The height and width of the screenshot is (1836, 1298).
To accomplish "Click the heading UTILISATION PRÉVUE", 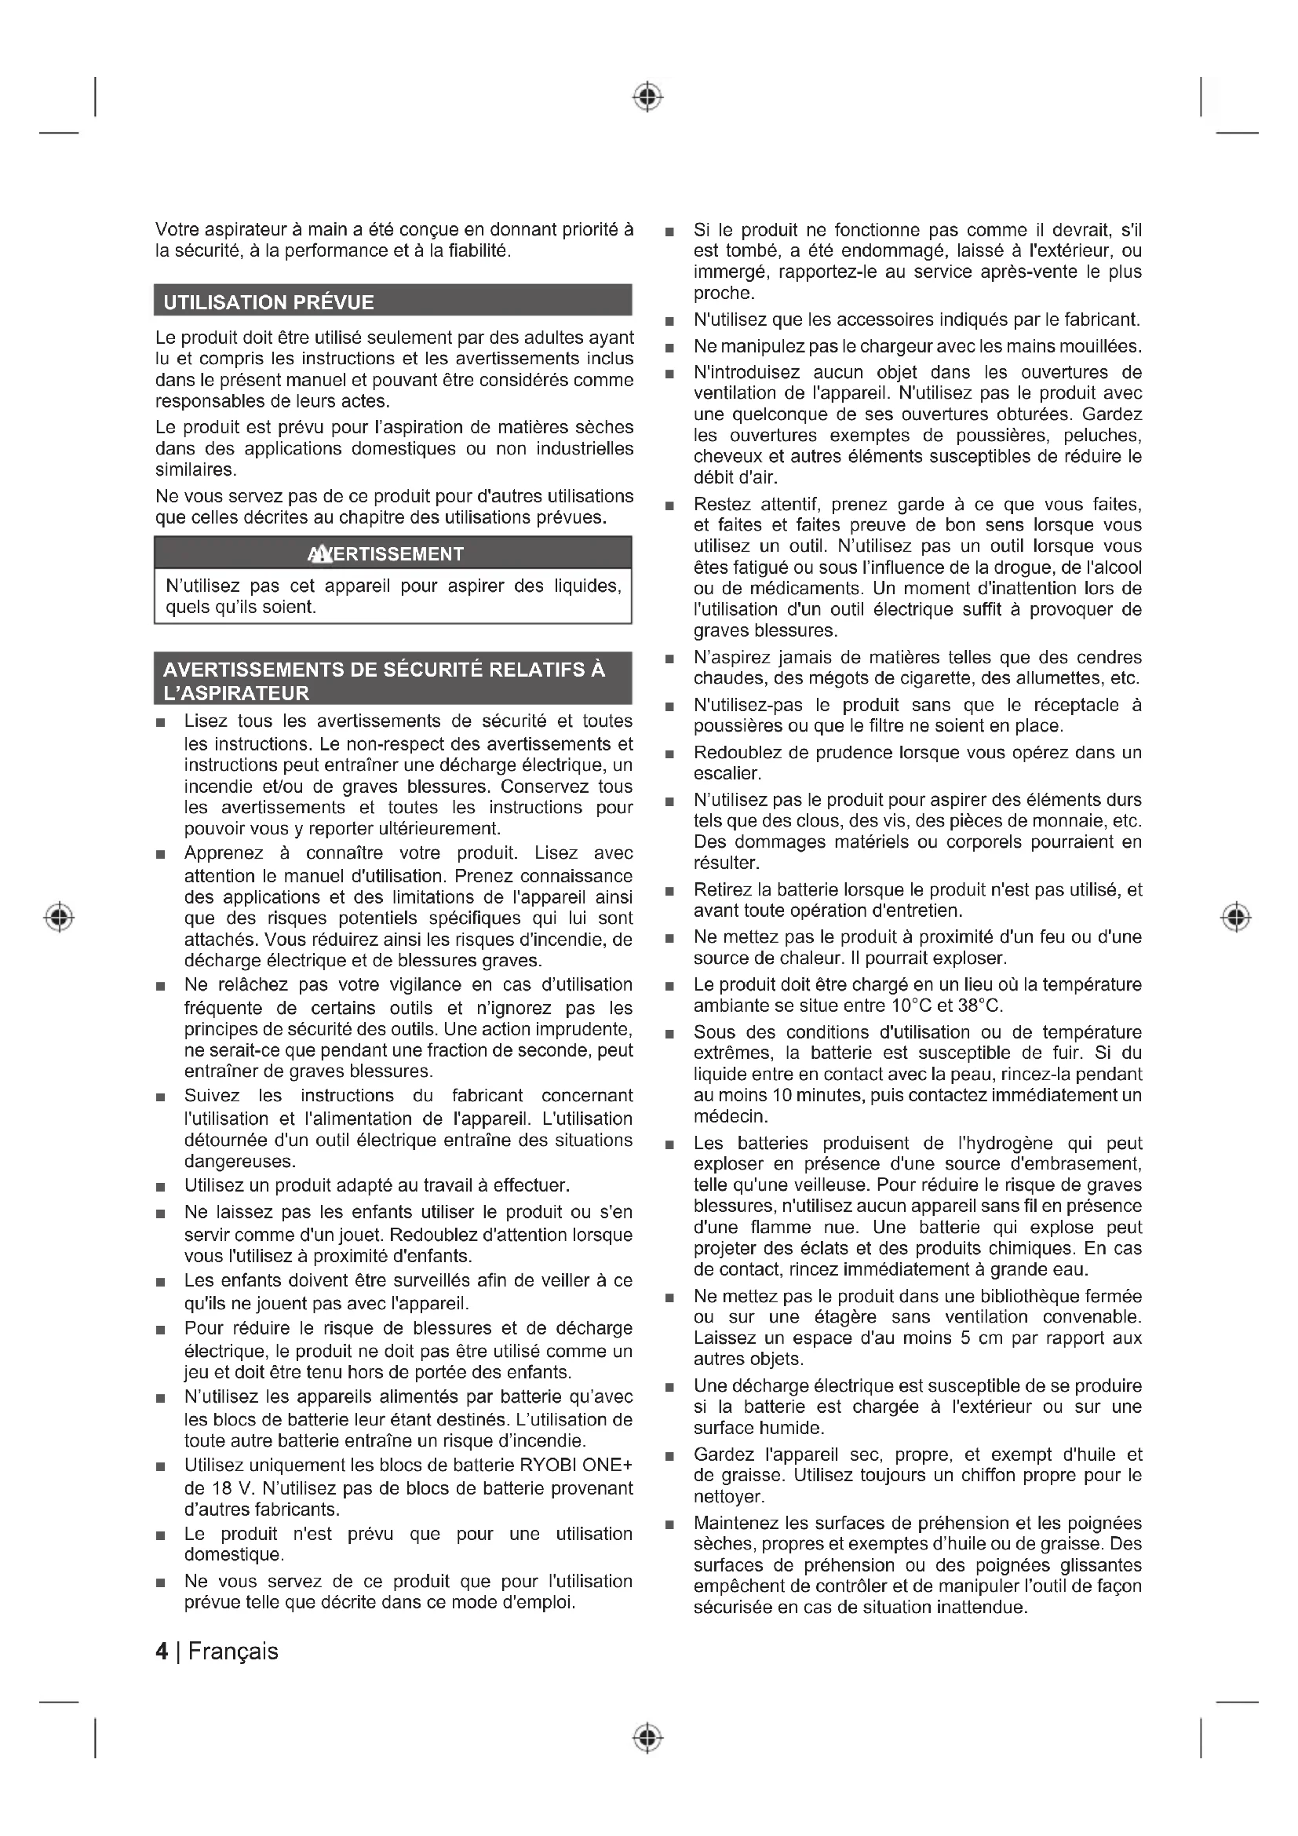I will tap(268, 302).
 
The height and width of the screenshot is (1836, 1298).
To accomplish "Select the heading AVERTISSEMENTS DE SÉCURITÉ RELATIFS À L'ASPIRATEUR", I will tap(384, 681).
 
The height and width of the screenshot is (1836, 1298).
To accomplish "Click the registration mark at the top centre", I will tap(648, 97).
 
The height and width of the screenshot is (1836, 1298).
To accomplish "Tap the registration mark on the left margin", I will tap(59, 916).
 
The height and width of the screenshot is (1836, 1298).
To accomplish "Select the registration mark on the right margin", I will tap(1236, 916).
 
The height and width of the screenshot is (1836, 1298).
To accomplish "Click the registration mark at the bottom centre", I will tap(648, 1738).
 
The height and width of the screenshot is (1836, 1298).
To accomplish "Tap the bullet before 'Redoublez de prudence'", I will tap(669, 754).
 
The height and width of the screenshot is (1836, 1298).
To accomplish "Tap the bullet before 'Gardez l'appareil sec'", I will tap(669, 1456).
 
